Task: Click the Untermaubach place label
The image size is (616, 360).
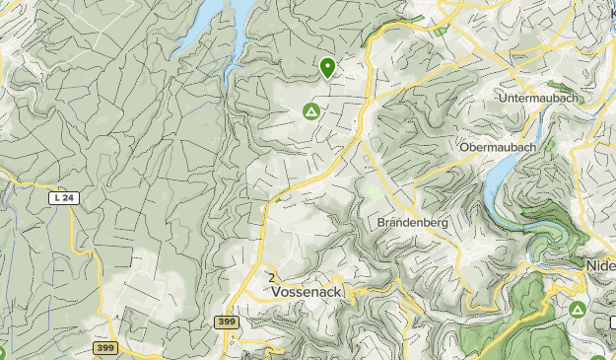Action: [536, 97]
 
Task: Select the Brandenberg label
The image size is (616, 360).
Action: [412, 223]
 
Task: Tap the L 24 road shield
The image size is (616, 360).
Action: [63, 198]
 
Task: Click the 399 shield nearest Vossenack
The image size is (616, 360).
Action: [225, 323]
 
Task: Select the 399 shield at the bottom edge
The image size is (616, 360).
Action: [105, 348]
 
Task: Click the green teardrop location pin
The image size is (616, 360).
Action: [327, 67]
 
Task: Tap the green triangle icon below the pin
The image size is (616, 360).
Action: [310, 112]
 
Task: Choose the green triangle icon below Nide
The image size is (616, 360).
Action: [578, 311]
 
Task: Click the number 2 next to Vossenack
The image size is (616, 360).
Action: [269, 278]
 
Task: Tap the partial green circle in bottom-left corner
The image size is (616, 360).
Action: [2, 353]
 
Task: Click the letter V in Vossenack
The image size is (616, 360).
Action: [276, 293]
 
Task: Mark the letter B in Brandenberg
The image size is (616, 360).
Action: [381, 223]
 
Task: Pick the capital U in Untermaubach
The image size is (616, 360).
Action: [504, 97]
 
